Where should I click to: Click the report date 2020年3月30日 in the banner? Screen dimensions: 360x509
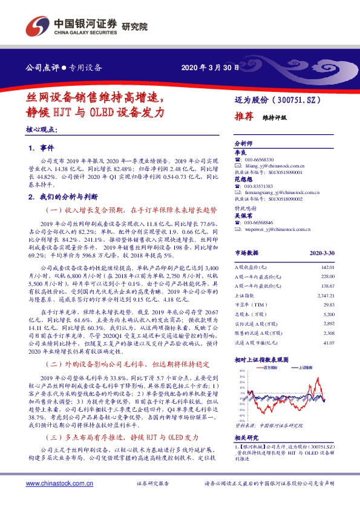coord(206,68)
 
